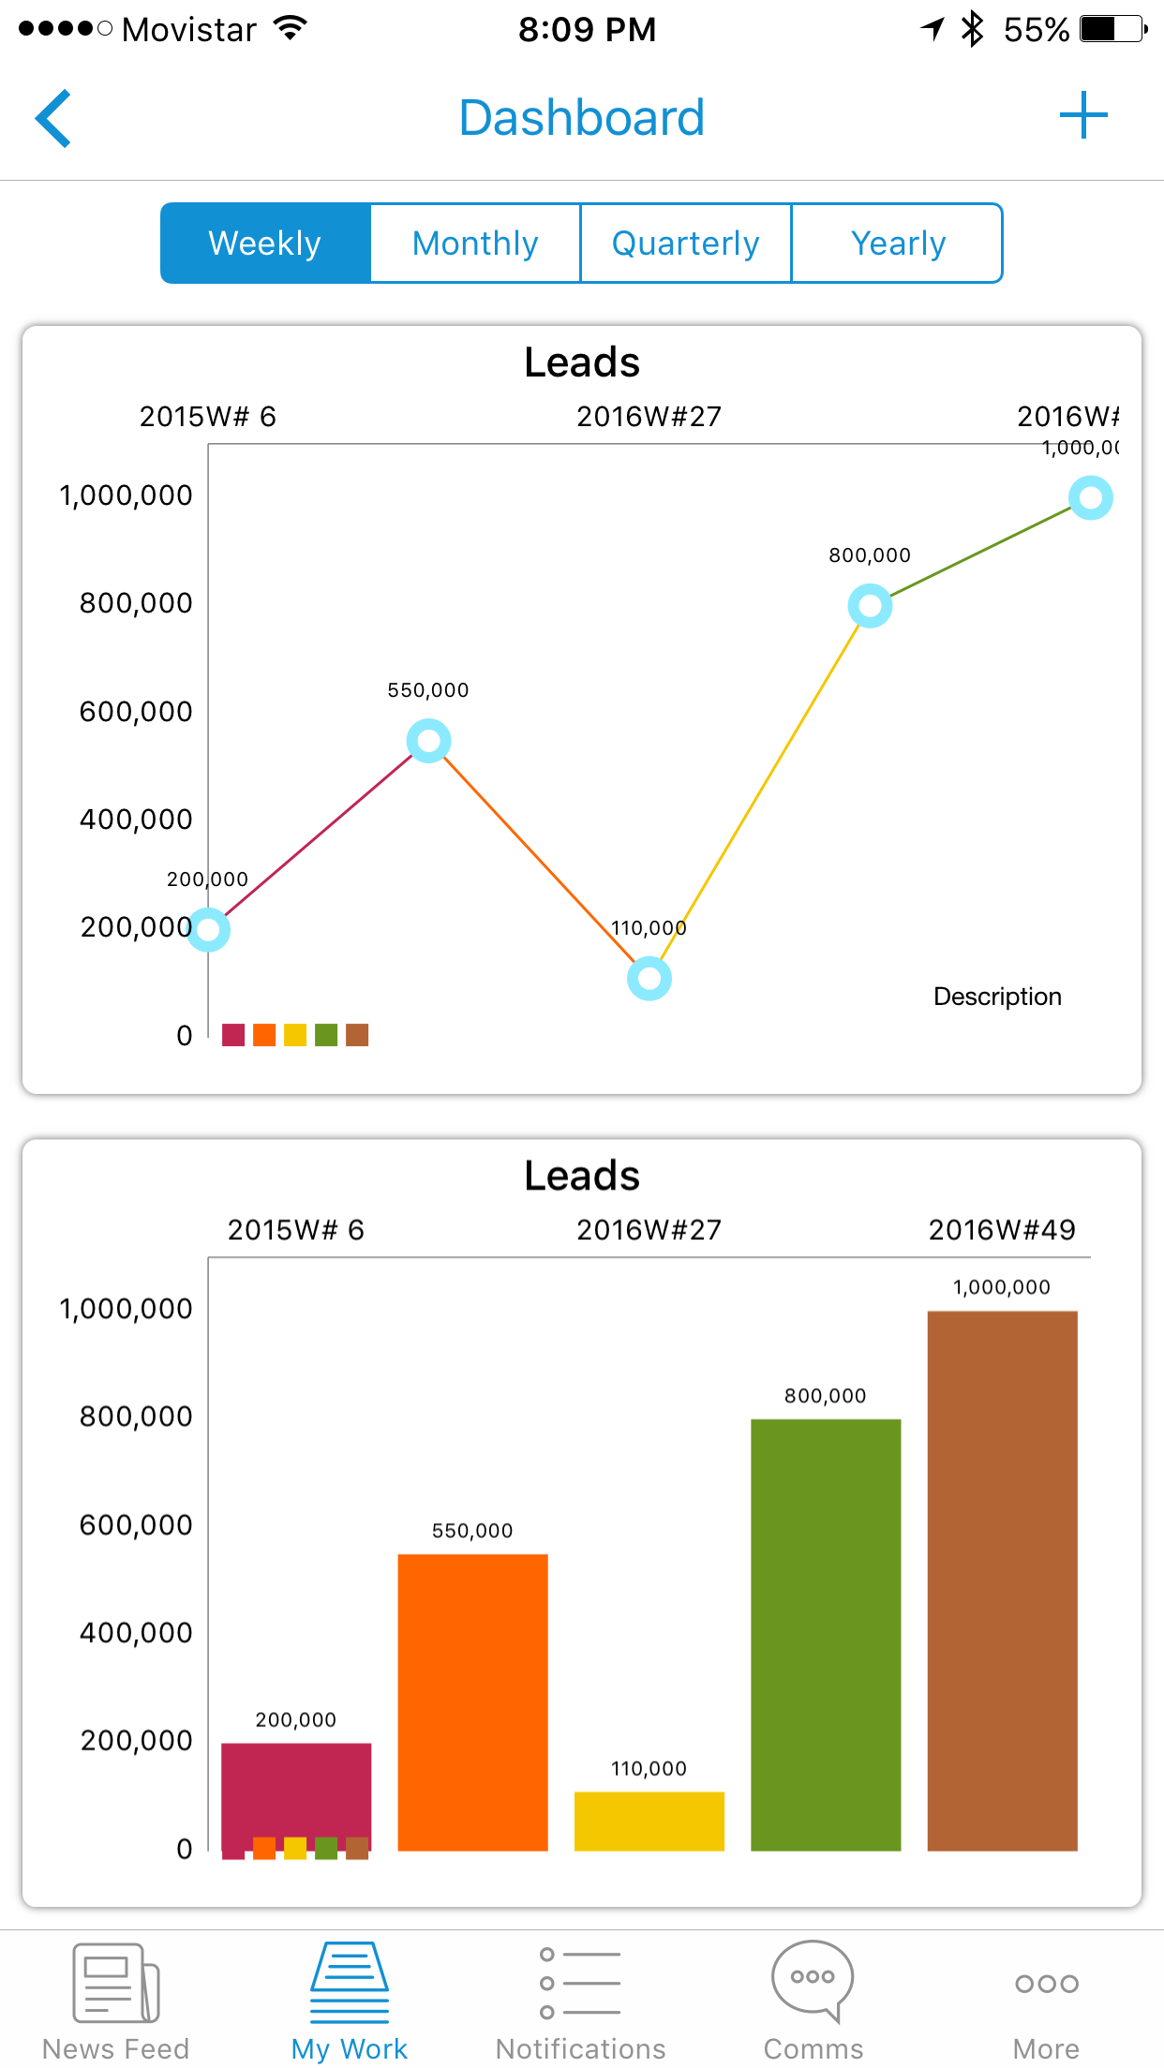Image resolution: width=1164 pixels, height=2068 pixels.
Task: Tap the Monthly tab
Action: coord(475,244)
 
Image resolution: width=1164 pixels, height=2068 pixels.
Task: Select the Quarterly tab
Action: coord(686,244)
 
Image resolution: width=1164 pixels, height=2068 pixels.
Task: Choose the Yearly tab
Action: coord(897,244)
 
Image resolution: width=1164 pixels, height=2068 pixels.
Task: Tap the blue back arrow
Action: coord(53,119)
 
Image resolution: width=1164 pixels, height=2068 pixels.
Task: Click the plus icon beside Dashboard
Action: coord(1083,115)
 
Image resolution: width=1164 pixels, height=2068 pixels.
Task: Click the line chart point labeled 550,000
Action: coord(428,741)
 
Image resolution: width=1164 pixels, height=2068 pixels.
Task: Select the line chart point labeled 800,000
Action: coord(870,606)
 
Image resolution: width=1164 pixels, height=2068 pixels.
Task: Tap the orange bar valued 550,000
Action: coord(472,1702)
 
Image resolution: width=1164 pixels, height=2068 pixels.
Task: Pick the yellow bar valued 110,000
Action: coord(649,1821)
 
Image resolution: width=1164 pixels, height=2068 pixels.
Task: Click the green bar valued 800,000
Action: coord(826,1634)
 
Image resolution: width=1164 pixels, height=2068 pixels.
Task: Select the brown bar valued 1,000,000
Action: coord(1002,1580)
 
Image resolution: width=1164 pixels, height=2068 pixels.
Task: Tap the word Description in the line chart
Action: coord(997,997)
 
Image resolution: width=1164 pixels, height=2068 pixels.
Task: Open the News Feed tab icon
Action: coord(116,1983)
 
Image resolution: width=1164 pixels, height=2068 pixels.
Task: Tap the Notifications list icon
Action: coord(581,1983)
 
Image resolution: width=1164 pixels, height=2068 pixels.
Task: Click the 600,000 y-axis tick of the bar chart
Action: coord(136,1525)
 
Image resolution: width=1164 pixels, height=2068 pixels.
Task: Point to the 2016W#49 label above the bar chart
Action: coord(1002,1230)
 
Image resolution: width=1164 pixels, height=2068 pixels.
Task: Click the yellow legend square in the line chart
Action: coord(295,1035)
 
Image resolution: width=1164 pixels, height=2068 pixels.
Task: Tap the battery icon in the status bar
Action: coord(1112,29)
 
